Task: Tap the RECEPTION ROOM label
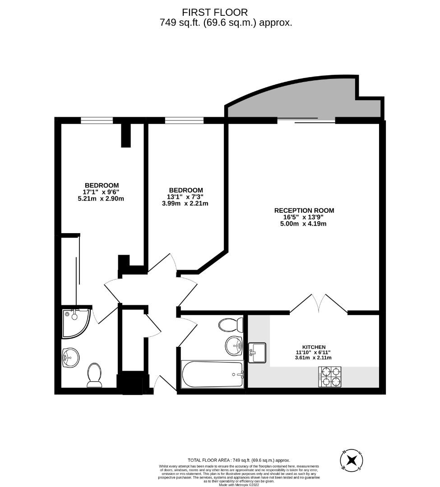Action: [304, 210]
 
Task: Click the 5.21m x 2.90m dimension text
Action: [102, 198]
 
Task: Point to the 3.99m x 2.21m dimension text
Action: [185, 203]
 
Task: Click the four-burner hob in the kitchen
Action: [330, 377]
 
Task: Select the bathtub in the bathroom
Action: [212, 374]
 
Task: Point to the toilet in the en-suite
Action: [95, 376]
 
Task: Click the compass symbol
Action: [352, 460]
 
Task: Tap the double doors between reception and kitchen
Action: [319, 303]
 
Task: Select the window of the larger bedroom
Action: [97, 120]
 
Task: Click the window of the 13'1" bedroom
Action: [184, 120]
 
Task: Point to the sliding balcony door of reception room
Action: [306, 120]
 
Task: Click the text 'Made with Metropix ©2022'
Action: [239, 485]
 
